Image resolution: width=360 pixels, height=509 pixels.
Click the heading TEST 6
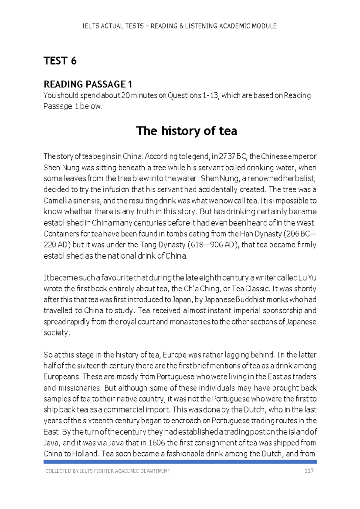(60, 61)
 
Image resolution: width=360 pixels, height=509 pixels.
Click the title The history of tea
(186, 131)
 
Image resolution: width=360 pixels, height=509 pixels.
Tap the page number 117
(309, 471)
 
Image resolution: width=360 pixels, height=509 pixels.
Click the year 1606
(157, 443)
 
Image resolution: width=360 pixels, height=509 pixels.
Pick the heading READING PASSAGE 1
(88, 84)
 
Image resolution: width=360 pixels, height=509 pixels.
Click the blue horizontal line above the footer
(180, 462)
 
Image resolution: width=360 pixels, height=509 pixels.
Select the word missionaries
(79, 388)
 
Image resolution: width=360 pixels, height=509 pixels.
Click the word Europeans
(61, 377)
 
